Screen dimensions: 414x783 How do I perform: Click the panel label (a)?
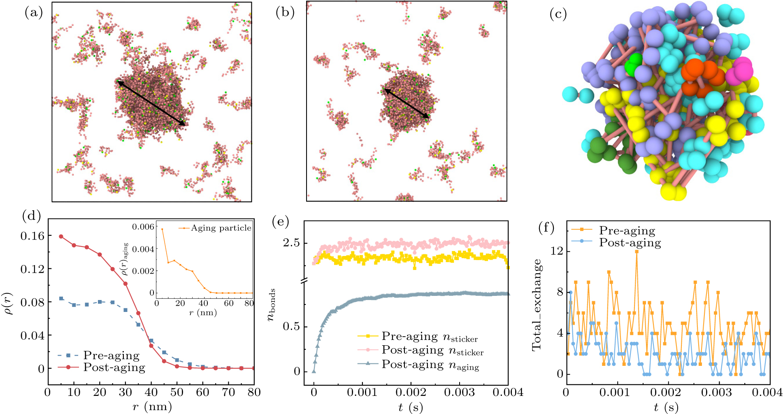(34, 13)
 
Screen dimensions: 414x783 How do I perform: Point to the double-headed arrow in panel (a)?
(151, 103)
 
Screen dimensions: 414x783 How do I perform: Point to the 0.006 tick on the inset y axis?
(143, 227)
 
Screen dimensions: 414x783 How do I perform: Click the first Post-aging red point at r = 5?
(61, 237)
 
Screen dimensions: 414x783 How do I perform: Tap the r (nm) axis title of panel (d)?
(152, 407)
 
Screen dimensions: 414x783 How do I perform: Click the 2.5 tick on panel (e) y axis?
(291, 243)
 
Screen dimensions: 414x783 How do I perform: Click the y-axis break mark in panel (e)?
(304, 281)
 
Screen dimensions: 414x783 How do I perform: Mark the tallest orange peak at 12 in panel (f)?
(637, 251)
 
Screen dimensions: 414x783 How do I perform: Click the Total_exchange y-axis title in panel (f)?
(537, 305)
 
